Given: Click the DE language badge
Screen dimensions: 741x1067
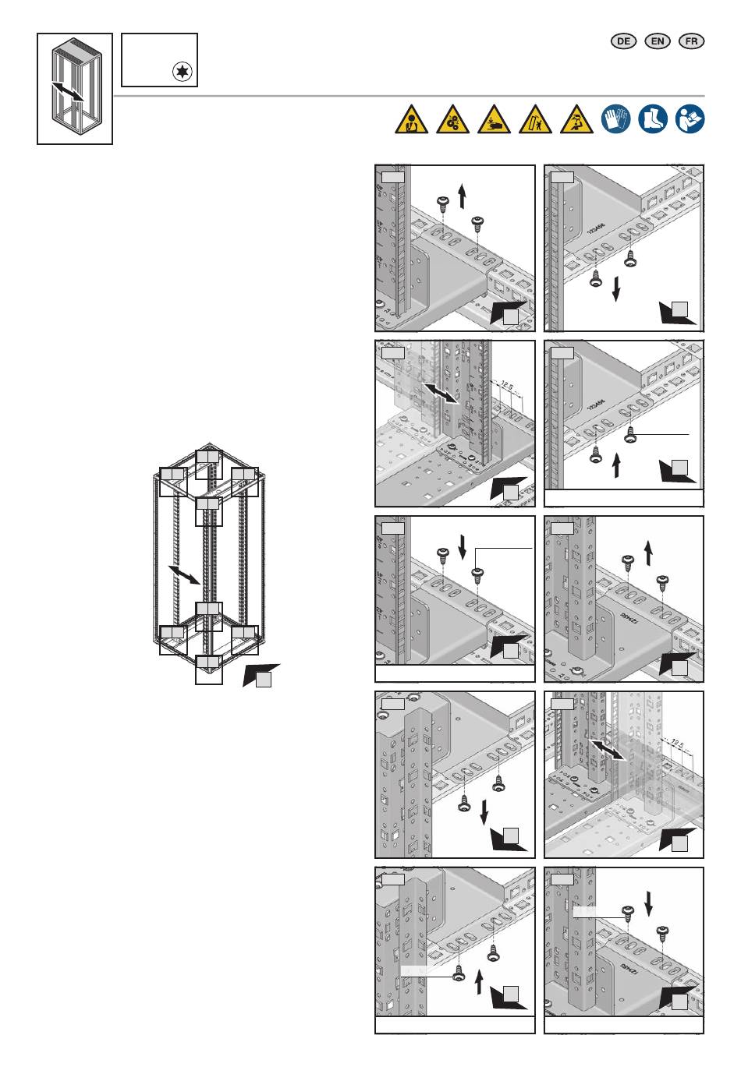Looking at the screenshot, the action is [x=622, y=41].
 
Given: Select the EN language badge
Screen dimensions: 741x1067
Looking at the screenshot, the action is [x=658, y=41].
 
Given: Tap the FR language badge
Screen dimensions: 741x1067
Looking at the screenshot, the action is [x=692, y=41].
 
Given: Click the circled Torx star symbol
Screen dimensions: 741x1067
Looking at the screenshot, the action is [x=183, y=73].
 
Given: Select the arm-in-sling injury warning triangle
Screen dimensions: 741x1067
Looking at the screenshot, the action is [x=411, y=120].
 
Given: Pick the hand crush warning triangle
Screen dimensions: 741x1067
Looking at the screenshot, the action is [x=494, y=120].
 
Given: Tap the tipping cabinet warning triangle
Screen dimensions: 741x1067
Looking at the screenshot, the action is [x=535, y=120].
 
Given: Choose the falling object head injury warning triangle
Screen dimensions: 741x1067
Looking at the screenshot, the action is [x=576, y=120].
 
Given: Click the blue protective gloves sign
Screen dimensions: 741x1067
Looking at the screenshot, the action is [x=615, y=118].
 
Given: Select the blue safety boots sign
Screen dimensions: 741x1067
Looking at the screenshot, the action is [x=653, y=118].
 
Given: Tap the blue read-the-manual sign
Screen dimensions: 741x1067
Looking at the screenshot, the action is [x=690, y=118].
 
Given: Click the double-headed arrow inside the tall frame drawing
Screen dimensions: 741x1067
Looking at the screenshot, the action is [x=185, y=576].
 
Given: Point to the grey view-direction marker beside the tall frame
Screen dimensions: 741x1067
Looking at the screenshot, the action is [x=261, y=676].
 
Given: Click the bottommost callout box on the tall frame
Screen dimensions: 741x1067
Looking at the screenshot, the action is [x=209, y=669].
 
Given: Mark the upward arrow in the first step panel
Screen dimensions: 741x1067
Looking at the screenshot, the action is [x=462, y=195].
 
